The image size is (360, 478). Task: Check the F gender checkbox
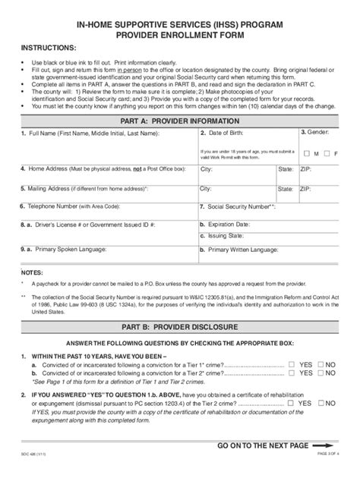point(327,154)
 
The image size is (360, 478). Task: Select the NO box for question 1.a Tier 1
point(321,365)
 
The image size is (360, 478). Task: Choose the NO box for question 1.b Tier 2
point(321,373)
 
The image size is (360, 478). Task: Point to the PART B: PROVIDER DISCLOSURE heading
point(179,327)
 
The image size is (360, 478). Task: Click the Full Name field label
point(94,133)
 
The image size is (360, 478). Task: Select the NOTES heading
point(33,271)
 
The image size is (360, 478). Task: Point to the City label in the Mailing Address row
point(206,187)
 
